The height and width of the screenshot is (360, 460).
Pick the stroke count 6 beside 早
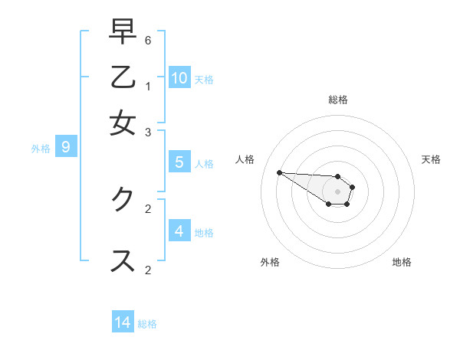coord(148,40)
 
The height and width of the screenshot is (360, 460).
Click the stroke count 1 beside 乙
coord(148,86)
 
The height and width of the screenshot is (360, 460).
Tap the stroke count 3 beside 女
coord(148,132)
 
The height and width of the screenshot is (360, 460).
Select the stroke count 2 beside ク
coord(148,208)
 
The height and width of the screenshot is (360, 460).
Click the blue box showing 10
coord(179,77)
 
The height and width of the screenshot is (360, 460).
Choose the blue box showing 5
coord(179,162)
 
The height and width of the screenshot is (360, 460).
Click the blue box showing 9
coord(66,147)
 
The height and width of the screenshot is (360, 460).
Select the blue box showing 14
coord(123,322)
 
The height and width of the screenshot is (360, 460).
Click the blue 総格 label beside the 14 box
coord(147,324)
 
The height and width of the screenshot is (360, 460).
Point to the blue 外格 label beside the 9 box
coord(41,149)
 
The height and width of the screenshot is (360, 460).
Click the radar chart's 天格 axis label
coord(431,159)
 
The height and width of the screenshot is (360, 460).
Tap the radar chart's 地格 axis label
coord(402,262)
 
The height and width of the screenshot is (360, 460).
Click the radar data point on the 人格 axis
coord(279,172)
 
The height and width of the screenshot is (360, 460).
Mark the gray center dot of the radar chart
coord(337,191)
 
